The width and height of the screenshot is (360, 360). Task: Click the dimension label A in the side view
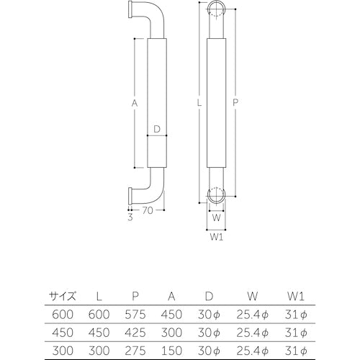(134, 104)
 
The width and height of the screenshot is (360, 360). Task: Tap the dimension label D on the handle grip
(156, 130)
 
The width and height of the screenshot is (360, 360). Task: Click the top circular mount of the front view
(217, 10)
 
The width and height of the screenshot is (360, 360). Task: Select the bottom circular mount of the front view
(217, 196)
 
